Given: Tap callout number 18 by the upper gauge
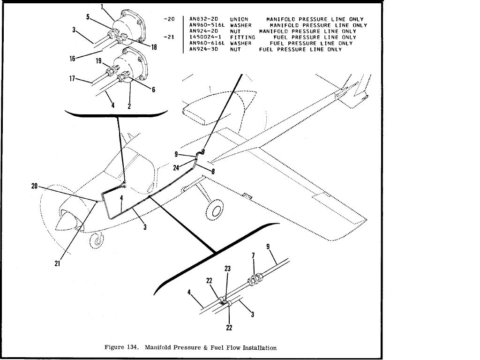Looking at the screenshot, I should click(x=154, y=47).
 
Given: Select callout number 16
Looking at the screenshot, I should click(x=73, y=59).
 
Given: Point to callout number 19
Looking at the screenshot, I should click(x=99, y=61).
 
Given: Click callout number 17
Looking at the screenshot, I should click(x=73, y=79).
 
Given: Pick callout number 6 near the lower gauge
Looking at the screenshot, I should click(x=153, y=90).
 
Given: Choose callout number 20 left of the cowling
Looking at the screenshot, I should click(x=34, y=186).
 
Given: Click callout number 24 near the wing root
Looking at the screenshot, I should click(x=176, y=167).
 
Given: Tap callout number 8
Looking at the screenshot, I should click(x=213, y=172).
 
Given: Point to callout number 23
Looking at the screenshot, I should click(x=228, y=269).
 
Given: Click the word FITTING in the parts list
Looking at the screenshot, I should click(x=242, y=37).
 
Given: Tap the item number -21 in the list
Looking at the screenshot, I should click(x=170, y=37).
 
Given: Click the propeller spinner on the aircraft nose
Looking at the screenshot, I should click(x=62, y=224).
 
